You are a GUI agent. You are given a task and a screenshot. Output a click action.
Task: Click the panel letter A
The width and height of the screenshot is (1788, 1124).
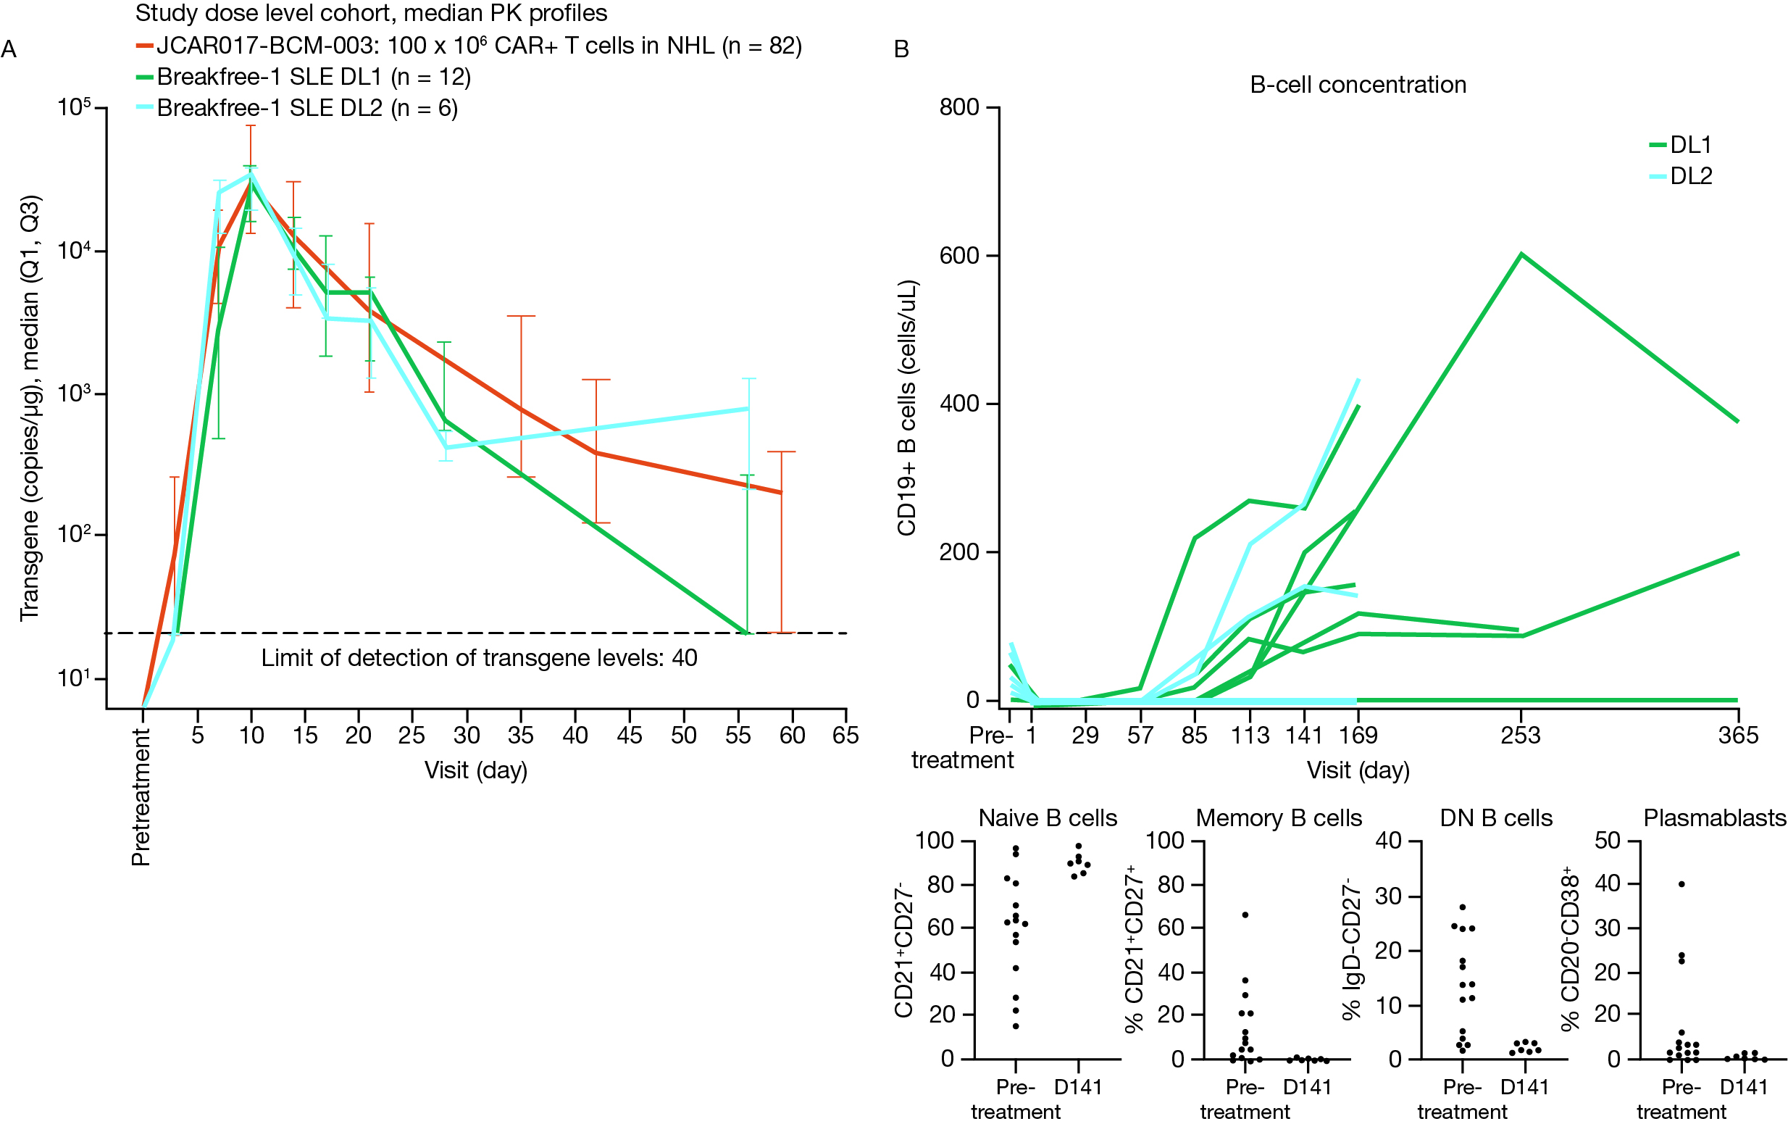(x=9, y=50)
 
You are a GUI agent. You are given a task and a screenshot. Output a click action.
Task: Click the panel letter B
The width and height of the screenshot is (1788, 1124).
(x=901, y=50)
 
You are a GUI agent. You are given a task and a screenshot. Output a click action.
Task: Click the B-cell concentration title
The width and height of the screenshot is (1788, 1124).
(x=1358, y=86)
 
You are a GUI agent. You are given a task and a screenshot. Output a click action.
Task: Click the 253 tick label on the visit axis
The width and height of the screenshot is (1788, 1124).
(x=1520, y=736)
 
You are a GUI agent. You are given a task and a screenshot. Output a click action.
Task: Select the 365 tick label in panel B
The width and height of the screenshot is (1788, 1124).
(x=1737, y=736)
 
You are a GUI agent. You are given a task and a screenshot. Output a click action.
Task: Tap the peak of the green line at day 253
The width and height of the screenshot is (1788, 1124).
(x=1521, y=255)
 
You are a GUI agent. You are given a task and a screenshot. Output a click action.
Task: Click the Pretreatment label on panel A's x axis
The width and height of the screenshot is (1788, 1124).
(x=141, y=796)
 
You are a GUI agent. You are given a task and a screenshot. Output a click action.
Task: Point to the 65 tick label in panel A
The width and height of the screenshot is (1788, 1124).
(x=845, y=736)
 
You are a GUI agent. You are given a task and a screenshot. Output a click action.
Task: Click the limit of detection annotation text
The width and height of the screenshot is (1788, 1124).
(x=479, y=658)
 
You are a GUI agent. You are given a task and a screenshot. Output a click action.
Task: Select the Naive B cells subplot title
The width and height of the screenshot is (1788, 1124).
(x=1047, y=818)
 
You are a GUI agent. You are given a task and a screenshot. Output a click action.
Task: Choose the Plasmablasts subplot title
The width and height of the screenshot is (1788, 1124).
(x=1714, y=818)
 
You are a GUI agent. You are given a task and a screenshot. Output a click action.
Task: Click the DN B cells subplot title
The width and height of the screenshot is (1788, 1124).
(x=1495, y=818)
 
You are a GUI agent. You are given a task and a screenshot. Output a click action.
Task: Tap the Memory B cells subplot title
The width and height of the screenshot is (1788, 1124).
(x=1279, y=818)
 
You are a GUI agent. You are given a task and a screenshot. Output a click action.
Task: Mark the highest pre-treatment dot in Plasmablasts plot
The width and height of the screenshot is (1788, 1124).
(x=1682, y=884)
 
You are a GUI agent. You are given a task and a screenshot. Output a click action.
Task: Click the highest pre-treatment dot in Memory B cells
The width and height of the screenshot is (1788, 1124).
(x=1245, y=915)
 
